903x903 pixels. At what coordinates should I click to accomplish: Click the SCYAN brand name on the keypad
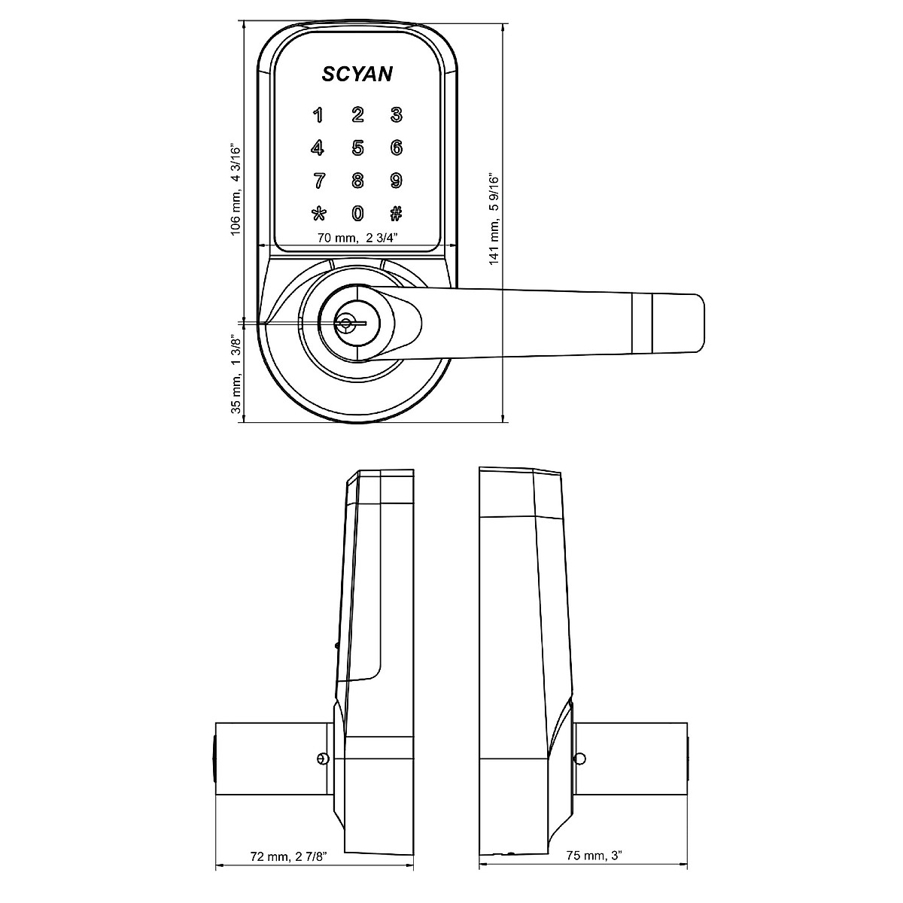(357, 74)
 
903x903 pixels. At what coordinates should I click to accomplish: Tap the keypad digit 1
(318, 115)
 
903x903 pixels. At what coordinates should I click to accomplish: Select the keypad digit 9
(396, 181)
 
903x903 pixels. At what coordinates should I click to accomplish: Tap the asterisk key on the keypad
(318, 214)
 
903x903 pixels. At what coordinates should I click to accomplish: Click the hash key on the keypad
(396, 214)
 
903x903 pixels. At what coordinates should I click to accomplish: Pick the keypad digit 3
(396, 115)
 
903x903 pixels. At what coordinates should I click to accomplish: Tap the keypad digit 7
(318, 181)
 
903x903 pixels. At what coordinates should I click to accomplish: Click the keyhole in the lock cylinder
(346, 324)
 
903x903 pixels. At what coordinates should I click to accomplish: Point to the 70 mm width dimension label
(357, 238)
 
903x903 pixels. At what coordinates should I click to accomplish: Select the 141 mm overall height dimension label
(494, 219)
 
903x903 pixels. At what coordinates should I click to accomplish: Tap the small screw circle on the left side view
(323, 758)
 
